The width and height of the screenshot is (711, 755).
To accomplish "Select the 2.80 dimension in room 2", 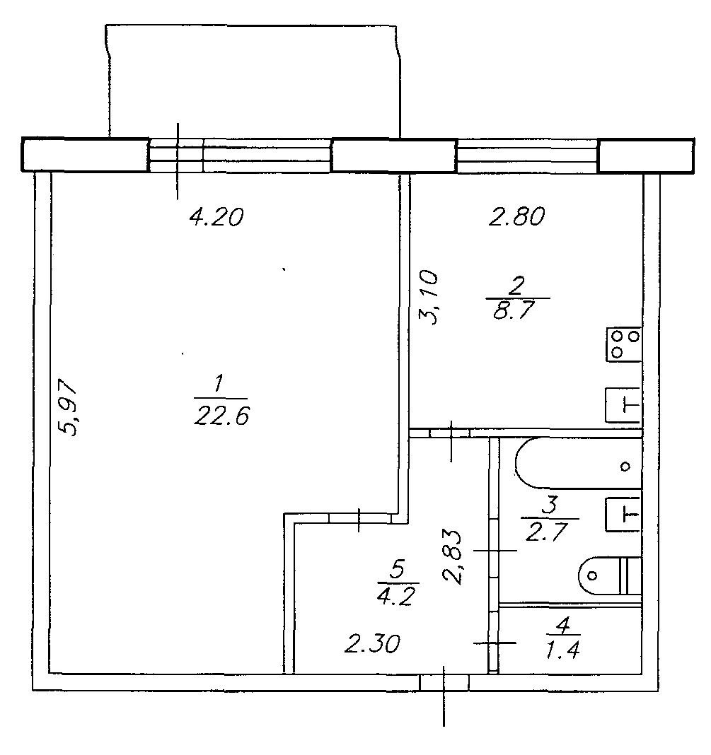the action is (516, 217).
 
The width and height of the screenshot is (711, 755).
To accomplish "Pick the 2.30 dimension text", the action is (374, 643).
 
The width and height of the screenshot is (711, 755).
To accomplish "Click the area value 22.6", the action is (219, 416).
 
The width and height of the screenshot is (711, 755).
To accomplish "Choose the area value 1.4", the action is (564, 648).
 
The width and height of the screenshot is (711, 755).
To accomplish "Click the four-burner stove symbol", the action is (623, 344).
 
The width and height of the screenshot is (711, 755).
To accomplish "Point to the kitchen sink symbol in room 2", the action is (623, 405).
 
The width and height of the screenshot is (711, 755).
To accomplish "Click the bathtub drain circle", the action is (625, 466).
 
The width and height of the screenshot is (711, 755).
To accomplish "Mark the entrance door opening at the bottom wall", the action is (444, 681).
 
